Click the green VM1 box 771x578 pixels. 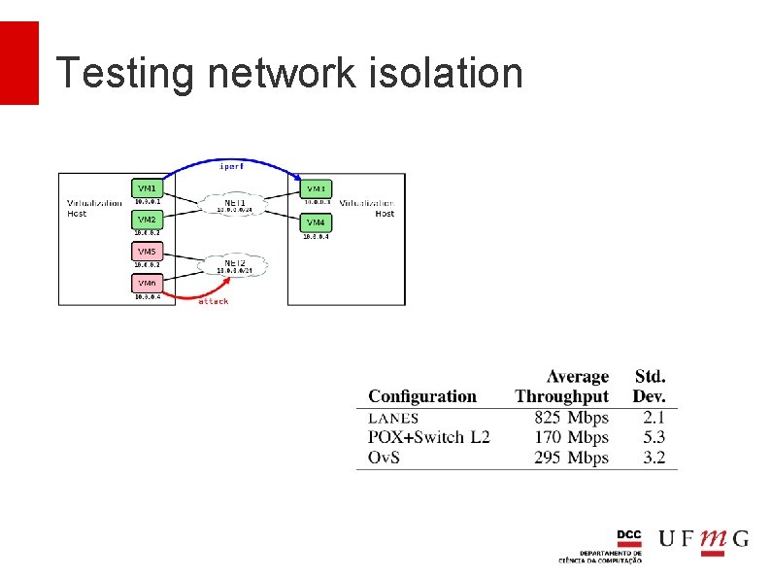pyautogui.click(x=147, y=187)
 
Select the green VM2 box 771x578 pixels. pyautogui.click(x=147, y=219)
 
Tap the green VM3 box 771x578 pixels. pyautogui.click(x=316, y=187)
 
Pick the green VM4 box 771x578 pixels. pyautogui.click(x=316, y=222)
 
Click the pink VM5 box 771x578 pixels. pyautogui.click(x=147, y=252)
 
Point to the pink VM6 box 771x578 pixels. pyautogui.click(x=147, y=283)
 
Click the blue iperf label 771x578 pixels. pyautogui.click(x=231, y=166)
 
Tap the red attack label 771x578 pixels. pyautogui.click(x=213, y=302)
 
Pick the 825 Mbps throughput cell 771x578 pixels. pyautogui.click(x=571, y=418)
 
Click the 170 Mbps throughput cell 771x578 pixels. pyautogui.click(x=571, y=437)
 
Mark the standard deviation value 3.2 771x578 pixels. pyautogui.click(x=654, y=458)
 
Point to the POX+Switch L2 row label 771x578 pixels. pyautogui.click(x=429, y=437)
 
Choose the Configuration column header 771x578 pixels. pyautogui.click(x=422, y=396)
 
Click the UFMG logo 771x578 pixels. pyautogui.click(x=703, y=539)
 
